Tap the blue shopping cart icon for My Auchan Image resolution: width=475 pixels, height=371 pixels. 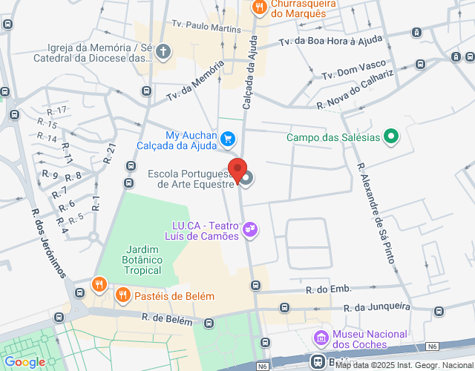[229, 138]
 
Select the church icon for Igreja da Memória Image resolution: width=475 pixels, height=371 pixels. [163, 51]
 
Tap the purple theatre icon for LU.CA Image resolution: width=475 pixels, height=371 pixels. [251, 230]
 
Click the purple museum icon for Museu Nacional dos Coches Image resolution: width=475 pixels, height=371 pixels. [321, 338]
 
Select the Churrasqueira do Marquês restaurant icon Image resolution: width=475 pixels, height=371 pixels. [258, 7]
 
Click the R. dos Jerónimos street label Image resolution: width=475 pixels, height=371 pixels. [47, 240]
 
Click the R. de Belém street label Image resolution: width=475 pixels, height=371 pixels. [167, 319]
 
